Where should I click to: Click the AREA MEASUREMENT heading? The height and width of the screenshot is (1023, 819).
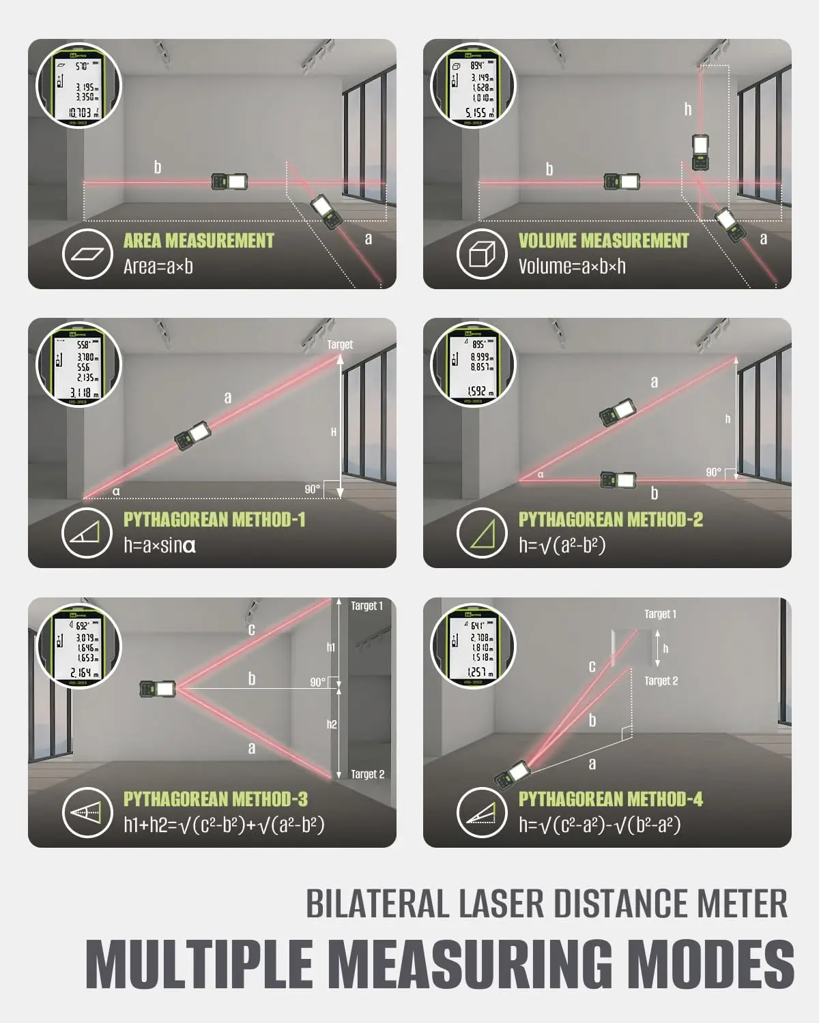[x=198, y=241]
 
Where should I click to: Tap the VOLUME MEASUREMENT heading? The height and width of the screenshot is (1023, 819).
[x=603, y=241]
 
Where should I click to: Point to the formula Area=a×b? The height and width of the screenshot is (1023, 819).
[x=158, y=267]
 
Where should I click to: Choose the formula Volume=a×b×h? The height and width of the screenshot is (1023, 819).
[x=572, y=267]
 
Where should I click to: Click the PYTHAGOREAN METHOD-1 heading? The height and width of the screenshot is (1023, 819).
[x=214, y=520]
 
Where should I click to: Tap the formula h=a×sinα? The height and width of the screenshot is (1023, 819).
[x=160, y=546]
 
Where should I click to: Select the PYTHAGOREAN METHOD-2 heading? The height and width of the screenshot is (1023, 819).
[x=610, y=520]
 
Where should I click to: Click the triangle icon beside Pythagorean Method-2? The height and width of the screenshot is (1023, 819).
[x=481, y=533]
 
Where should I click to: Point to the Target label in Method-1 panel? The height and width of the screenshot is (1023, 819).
[x=340, y=345]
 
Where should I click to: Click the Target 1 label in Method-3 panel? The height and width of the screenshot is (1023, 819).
[x=367, y=606]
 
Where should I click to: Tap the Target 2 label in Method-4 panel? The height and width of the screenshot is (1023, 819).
[x=661, y=681]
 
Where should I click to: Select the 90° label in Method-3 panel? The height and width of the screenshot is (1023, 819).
[x=318, y=682]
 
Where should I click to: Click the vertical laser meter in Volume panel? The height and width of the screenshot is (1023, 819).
[x=700, y=152]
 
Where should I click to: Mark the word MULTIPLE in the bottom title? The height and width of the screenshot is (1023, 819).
[x=198, y=963]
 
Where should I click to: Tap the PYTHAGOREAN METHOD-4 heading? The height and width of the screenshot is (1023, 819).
[x=610, y=799]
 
